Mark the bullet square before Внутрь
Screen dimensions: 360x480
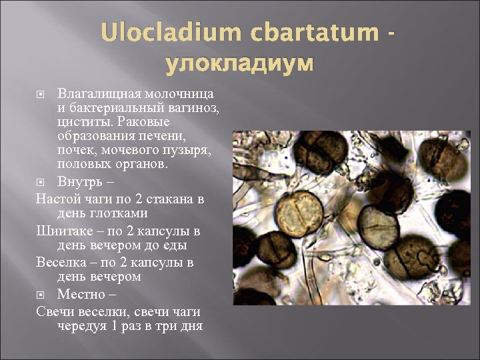(41, 181)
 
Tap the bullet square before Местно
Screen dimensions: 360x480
(41, 294)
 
